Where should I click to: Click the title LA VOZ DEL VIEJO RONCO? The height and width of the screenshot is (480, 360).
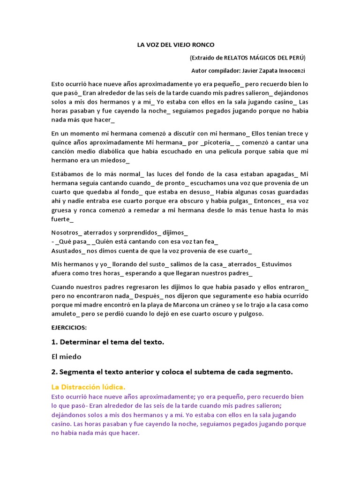pos(175,45)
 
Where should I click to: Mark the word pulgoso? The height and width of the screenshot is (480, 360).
pos(250,314)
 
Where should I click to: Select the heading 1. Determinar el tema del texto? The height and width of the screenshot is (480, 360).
pos(108,342)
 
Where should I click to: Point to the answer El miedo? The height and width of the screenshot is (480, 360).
pos(67,357)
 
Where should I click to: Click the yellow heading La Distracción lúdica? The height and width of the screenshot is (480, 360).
pos(88,387)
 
